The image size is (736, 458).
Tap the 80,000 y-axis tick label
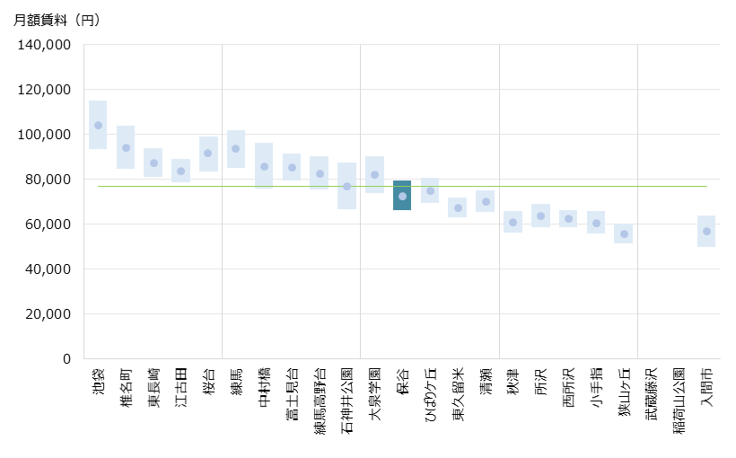click(x=49, y=180)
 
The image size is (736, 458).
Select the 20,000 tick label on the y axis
click(x=49, y=314)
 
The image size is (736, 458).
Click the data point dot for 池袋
click(x=98, y=126)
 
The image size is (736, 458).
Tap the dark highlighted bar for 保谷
click(x=402, y=196)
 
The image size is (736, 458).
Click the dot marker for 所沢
click(x=540, y=216)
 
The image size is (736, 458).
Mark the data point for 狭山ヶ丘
click(x=624, y=234)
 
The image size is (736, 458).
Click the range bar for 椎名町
click(x=126, y=147)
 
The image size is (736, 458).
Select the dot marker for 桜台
click(x=208, y=154)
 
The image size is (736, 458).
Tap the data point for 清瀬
click(x=486, y=202)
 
